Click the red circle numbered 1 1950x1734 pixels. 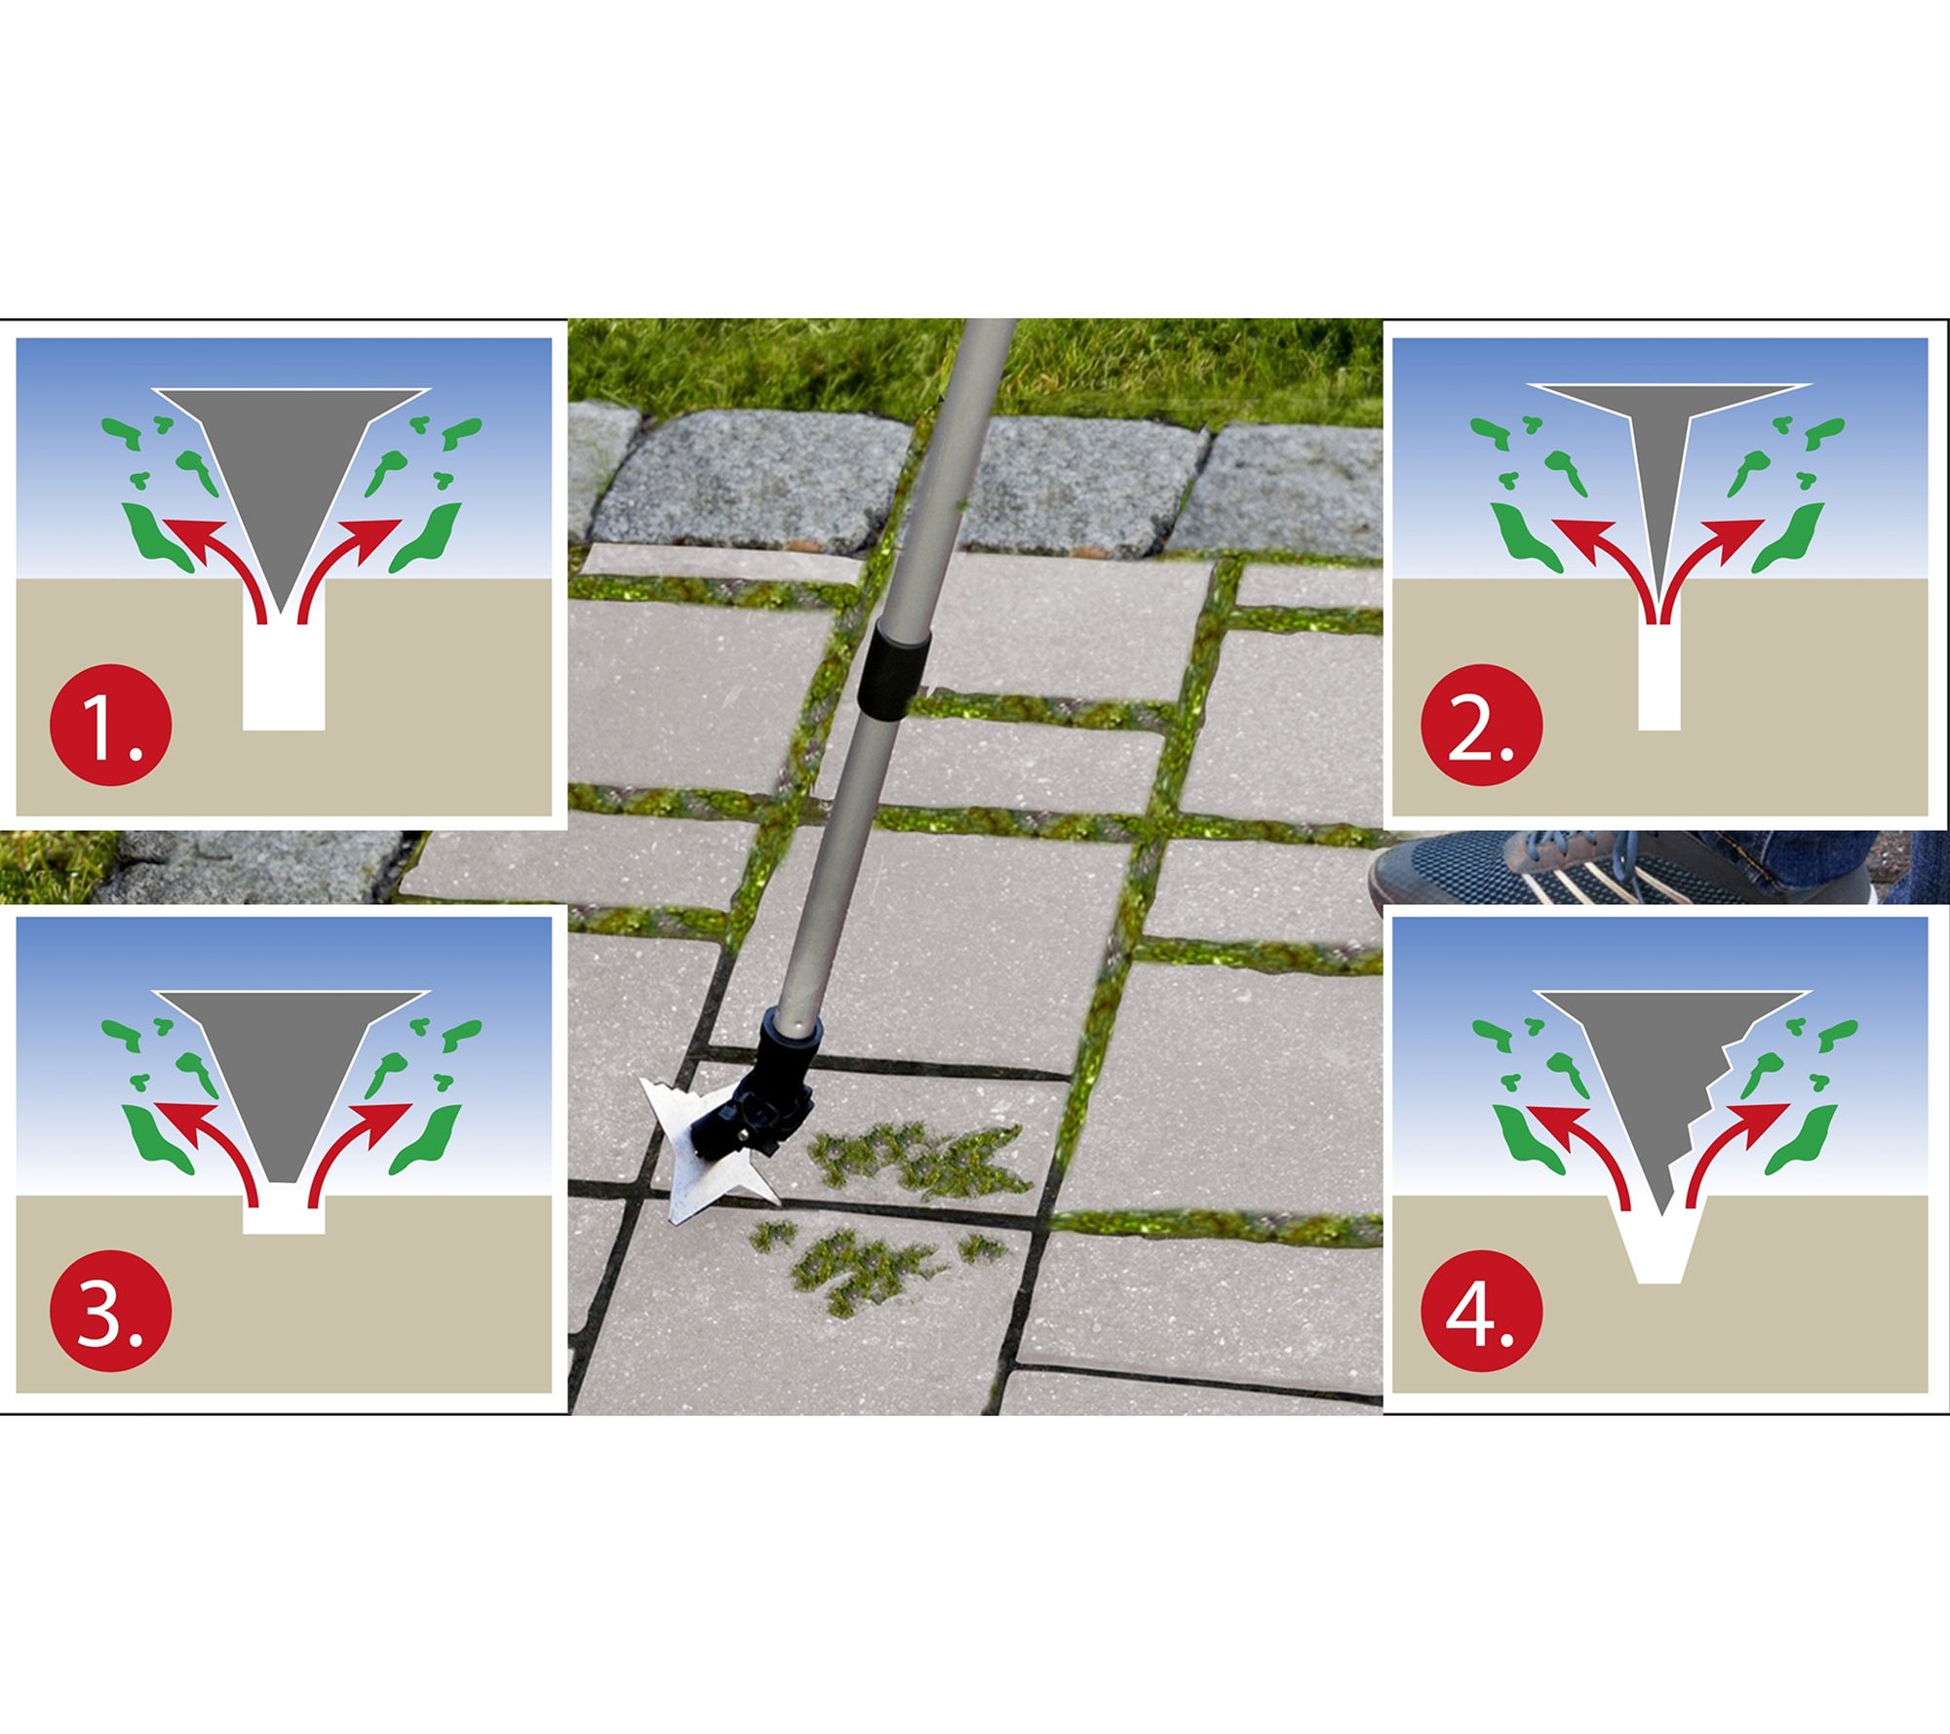(x=110, y=727)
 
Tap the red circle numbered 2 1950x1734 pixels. (x=1482, y=727)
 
